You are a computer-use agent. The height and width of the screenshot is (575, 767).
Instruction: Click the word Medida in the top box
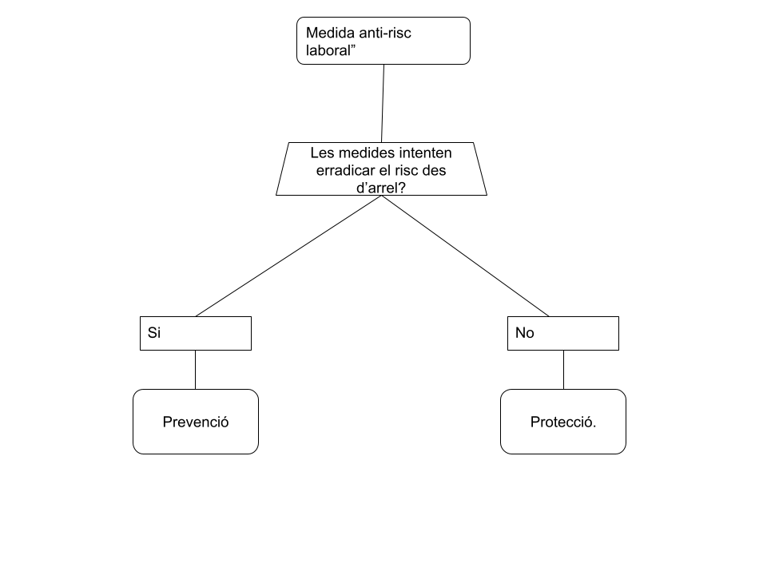330,33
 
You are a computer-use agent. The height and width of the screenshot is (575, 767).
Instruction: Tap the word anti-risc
385,33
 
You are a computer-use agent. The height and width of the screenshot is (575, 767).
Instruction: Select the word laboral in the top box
328,50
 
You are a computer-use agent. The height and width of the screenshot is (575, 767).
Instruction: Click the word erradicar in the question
345,171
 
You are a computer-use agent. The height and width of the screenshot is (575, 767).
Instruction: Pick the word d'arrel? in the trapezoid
381,188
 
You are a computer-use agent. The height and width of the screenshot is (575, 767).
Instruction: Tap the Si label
154,333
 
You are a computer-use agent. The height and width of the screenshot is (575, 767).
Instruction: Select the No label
524,333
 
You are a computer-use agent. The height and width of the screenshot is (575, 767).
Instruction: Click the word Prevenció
196,422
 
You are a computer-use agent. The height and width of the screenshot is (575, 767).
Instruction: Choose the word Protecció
563,422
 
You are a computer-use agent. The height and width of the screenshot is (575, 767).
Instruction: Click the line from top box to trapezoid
383,103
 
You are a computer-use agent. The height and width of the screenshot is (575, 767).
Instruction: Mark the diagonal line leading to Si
288,256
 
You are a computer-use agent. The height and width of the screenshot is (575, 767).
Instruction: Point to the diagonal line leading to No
465,256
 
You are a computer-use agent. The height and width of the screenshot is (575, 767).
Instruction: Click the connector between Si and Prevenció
195,370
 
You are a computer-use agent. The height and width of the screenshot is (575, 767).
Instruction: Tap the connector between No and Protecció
563,370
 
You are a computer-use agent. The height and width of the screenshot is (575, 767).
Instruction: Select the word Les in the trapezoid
322,153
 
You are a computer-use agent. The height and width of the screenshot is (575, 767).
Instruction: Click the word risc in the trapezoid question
407,171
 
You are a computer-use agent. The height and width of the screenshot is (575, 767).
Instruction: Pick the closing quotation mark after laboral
352,46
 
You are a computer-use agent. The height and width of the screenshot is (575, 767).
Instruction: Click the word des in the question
435,171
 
